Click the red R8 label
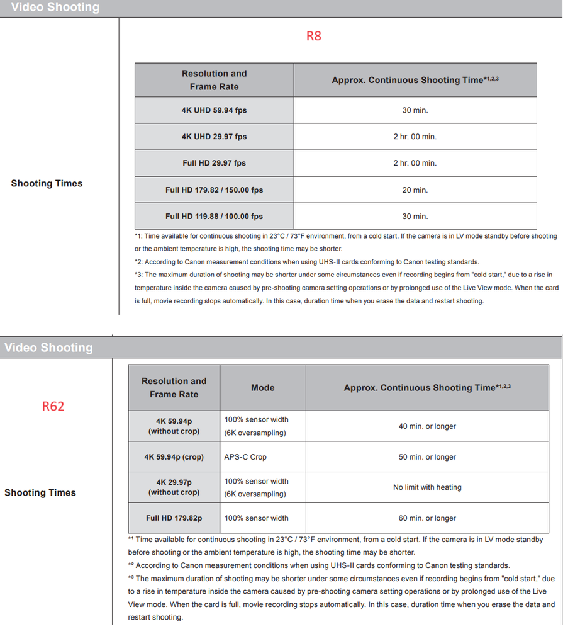click(313, 36)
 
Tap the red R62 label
click(53, 406)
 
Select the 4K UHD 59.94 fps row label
click(214, 110)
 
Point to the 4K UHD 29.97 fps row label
click(214, 137)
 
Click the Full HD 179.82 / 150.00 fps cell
click(214, 190)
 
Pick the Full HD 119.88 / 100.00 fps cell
click(214, 216)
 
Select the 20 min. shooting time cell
click(415, 190)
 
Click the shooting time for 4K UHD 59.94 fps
click(415, 110)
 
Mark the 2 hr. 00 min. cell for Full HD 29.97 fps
click(415, 163)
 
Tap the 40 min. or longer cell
click(427, 426)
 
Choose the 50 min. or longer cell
click(427, 457)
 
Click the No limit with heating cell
click(427, 487)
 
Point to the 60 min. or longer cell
click(427, 518)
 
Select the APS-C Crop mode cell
click(245, 457)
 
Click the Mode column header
click(262, 388)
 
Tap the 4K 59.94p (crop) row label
click(174, 457)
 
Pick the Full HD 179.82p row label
click(174, 518)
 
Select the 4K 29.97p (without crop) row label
click(174, 487)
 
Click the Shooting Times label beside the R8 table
click(47, 183)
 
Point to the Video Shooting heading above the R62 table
click(48, 348)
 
